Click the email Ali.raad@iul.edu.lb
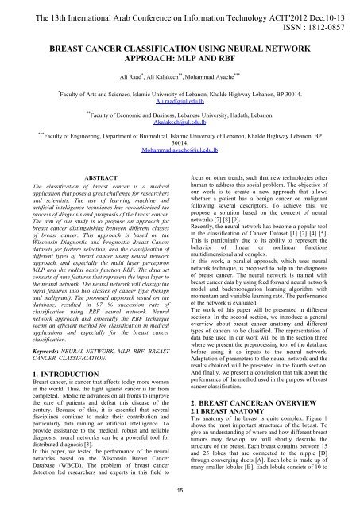pos(180,103)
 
